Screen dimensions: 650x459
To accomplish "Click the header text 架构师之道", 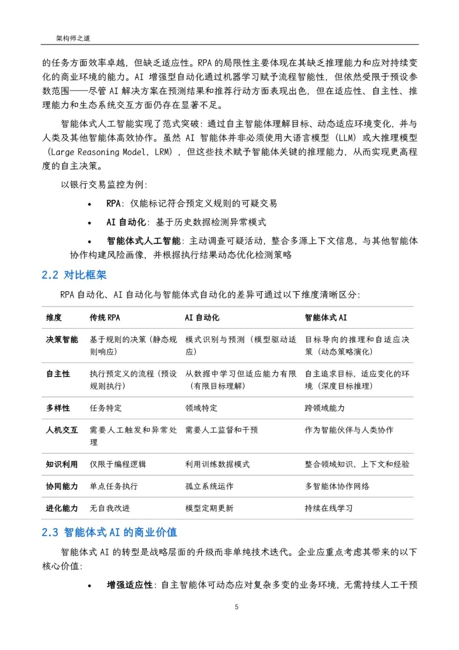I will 73,38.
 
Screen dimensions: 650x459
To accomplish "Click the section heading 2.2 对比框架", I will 74,275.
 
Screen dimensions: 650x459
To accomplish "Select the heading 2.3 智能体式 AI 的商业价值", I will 109,533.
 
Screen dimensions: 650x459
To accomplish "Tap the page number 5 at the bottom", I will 237,607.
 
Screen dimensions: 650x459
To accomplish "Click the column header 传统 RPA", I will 105,318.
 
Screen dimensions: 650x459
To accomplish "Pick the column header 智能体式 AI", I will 326,318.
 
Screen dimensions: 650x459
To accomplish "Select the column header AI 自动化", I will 202,318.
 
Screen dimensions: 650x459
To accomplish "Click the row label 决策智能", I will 62,340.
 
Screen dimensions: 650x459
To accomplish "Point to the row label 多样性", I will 58,408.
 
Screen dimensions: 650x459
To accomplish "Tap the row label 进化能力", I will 62,508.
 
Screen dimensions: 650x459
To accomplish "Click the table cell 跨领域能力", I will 325,408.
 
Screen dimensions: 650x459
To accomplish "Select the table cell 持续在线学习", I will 329,508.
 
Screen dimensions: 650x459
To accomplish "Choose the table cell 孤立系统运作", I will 209,486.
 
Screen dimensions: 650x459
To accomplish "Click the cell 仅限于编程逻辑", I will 118,464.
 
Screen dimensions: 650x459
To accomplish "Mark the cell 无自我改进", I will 110,508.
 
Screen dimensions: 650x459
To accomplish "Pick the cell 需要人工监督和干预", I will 221,430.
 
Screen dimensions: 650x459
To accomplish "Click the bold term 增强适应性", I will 130,585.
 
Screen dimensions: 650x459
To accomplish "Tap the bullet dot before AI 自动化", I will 89,223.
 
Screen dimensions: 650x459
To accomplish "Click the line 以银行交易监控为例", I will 104,185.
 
